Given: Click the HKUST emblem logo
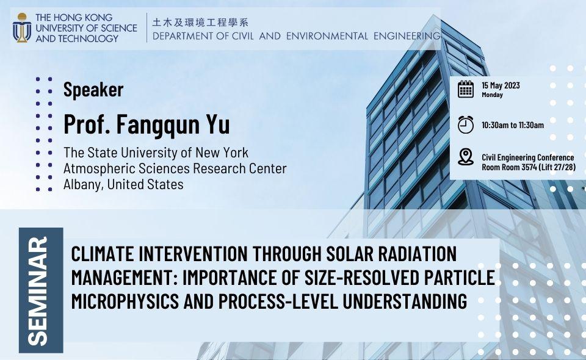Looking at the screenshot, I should [x=22, y=27].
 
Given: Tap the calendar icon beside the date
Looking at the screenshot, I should [x=466, y=89].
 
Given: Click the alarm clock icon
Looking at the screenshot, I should [x=466, y=124].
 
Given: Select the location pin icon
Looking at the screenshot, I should [x=466, y=157].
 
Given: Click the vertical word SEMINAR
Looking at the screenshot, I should [x=40, y=290].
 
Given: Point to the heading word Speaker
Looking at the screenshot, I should [x=93, y=90].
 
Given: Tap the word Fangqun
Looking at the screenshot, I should [x=162, y=124].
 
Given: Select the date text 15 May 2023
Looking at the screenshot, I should [x=501, y=85].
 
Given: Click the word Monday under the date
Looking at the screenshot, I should [x=492, y=95].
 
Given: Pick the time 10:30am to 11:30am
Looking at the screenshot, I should [x=512, y=125].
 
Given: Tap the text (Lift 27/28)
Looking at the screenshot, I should [x=558, y=167].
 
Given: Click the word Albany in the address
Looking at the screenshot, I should [x=83, y=184].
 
